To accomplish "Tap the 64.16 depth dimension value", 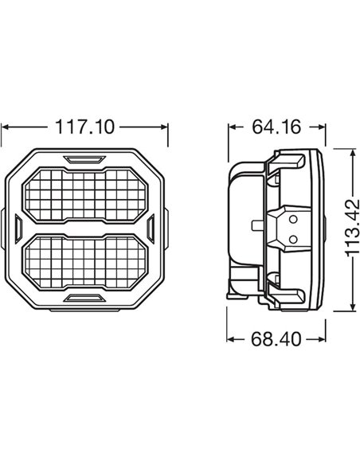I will tap(276, 127).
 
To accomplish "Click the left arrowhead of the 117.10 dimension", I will tap(6, 127).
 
